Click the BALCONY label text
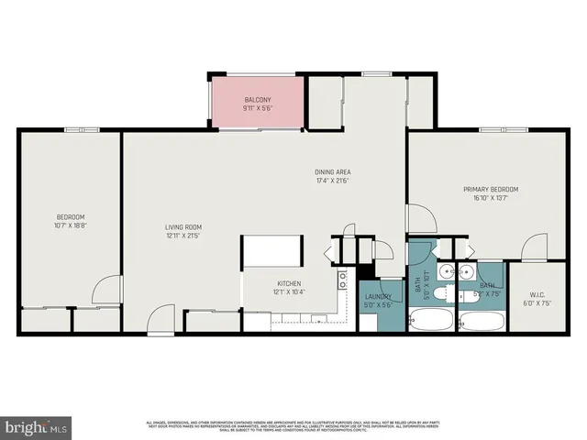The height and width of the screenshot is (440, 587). click(x=258, y=99)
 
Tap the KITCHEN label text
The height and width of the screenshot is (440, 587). click(x=289, y=283)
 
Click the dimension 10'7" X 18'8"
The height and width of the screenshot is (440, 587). click(x=71, y=225)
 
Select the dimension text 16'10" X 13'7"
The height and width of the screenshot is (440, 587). click(x=493, y=197)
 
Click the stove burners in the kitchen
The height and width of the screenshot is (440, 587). click(x=343, y=279)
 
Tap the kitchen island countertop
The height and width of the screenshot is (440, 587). click(x=272, y=249)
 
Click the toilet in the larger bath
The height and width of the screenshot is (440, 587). click(x=439, y=293)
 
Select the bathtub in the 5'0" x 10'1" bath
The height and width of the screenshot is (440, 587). click(x=430, y=322)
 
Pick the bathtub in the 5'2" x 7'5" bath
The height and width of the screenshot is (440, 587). click(x=480, y=322)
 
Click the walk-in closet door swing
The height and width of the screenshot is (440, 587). click(x=534, y=247)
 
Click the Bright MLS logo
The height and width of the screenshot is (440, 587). click(x=36, y=428)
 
